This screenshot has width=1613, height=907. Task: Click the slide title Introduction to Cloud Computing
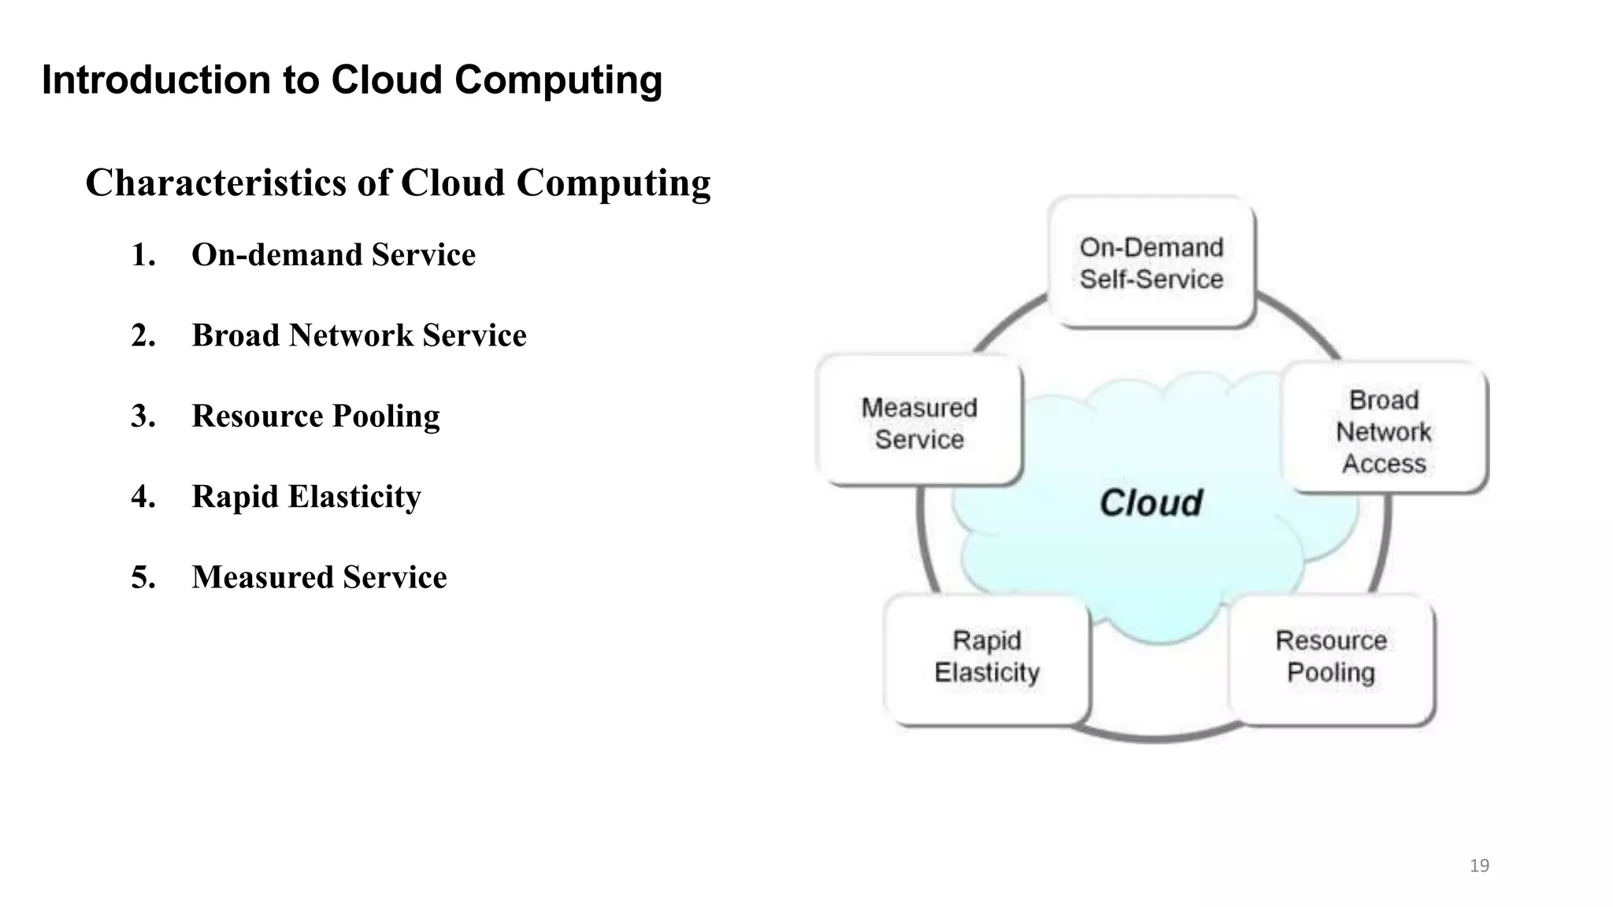click(351, 80)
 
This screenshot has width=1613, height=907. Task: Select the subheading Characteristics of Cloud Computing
click(398, 183)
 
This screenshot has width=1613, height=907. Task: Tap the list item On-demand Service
click(333, 255)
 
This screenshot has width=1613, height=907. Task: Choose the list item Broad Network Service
click(358, 335)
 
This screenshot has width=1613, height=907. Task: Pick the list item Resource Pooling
click(315, 416)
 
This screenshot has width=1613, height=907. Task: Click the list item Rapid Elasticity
click(306, 497)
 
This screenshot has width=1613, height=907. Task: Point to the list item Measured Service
click(319, 577)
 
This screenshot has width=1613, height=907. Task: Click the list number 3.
click(143, 416)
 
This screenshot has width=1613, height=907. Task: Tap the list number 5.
click(143, 577)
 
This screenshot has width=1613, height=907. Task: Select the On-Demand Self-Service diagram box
click(1151, 262)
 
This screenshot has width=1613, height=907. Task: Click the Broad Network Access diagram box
click(1384, 429)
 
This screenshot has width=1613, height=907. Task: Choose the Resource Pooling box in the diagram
click(1331, 657)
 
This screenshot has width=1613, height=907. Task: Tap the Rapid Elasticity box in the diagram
click(987, 657)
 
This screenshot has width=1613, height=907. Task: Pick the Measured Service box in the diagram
click(919, 422)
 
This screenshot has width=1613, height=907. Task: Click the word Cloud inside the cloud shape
click(1151, 503)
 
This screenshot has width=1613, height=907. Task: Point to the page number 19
click(1479, 866)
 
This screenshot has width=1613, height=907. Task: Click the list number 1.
click(143, 255)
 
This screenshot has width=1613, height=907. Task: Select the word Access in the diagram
click(1384, 464)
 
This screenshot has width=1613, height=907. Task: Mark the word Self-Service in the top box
click(1151, 280)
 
